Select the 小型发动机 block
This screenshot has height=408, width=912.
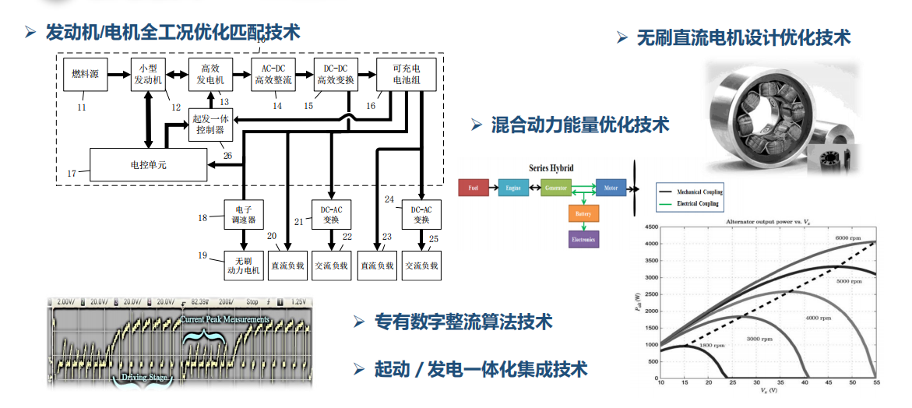tap(146, 74)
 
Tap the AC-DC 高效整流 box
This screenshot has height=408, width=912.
tap(273, 74)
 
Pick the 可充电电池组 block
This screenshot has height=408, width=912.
tap(400, 74)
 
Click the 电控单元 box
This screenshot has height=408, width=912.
tap(148, 165)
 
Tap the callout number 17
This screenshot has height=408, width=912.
tap(72, 174)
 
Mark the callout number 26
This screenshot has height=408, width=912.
tap(227, 155)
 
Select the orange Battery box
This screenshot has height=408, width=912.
tap(583, 213)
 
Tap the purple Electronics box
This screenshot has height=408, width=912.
tap(583, 240)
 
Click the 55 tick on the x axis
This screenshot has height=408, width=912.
tap(876, 383)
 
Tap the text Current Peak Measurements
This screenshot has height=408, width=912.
tap(225, 319)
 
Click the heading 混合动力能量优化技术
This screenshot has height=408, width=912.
tap(579, 125)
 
